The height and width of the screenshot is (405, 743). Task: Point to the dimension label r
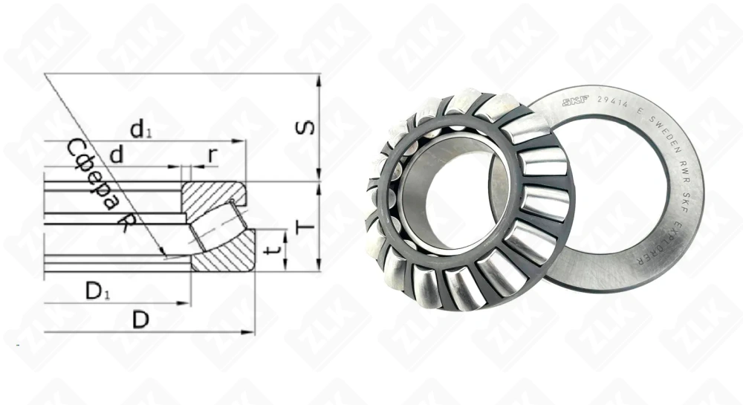[x=212, y=155]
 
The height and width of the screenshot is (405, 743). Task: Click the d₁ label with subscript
[x=140, y=130]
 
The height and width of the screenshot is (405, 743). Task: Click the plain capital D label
[x=140, y=321]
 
